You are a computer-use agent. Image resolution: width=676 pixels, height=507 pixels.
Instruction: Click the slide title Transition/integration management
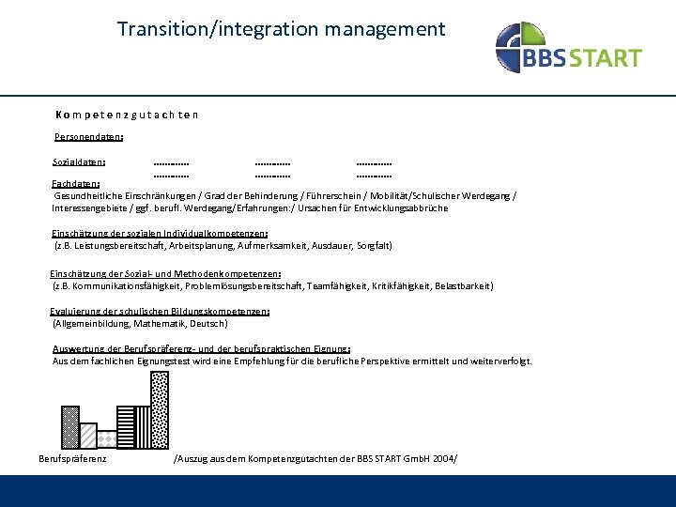tap(282, 29)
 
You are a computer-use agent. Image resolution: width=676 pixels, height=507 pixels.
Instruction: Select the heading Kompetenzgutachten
tap(126, 115)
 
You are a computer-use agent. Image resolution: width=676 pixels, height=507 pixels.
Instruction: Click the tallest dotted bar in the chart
tap(161, 408)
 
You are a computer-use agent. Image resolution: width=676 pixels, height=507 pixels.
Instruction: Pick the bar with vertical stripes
tap(143, 426)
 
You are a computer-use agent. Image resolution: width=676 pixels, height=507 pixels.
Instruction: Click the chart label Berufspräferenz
tap(72, 458)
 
